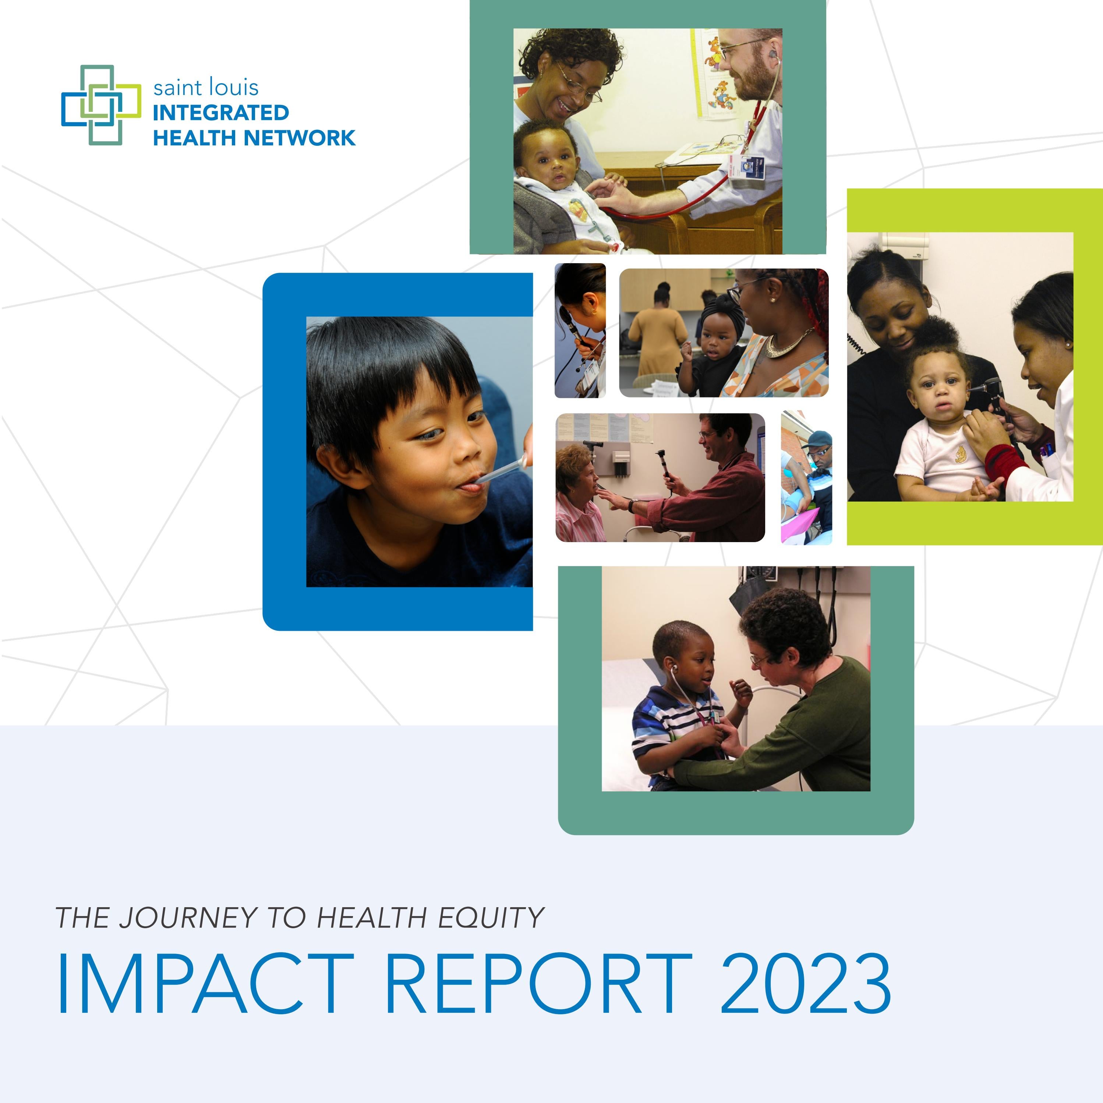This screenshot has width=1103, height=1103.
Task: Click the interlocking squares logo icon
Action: (x=101, y=105)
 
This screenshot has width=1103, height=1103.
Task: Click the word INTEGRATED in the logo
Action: (x=220, y=113)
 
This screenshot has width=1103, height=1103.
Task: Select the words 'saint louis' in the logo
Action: (x=205, y=87)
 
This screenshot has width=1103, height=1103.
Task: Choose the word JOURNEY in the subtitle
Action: (x=188, y=918)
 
